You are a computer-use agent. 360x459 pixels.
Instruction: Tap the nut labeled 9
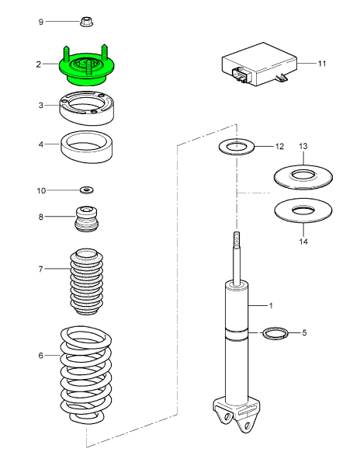85,23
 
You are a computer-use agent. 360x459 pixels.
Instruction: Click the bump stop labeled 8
87,218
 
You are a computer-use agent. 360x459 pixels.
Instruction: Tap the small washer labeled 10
87,190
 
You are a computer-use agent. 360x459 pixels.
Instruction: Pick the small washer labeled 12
234,146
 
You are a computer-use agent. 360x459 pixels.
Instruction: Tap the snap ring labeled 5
273,334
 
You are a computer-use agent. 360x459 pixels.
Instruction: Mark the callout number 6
41,356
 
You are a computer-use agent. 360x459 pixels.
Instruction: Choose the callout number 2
38,64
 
